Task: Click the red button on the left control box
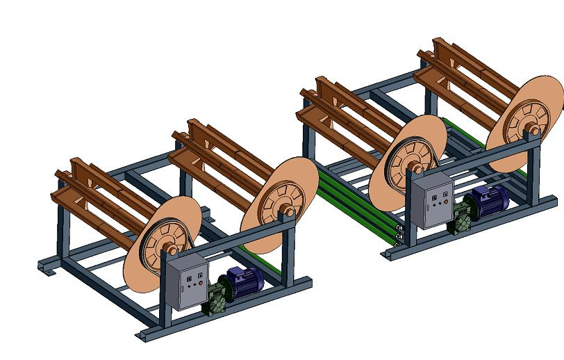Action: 199,283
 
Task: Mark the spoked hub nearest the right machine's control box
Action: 410,167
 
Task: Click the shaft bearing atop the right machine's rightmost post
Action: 535,135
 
